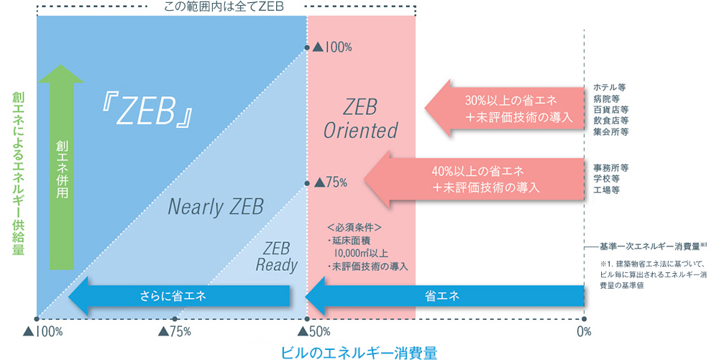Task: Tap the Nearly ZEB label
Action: pyautogui.click(x=216, y=207)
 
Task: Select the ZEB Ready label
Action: pyautogui.click(x=276, y=257)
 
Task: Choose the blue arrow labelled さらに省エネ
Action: pyautogui.click(x=179, y=295)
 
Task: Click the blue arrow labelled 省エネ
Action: pyautogui.click(x=446, y=295)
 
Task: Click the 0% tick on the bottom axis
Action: pyautogui.click(x=583, y=331)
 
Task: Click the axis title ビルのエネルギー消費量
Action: pyautogui.click(x=359, y=351)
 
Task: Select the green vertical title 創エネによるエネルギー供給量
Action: pyautogui.click(x=18, y=173)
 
